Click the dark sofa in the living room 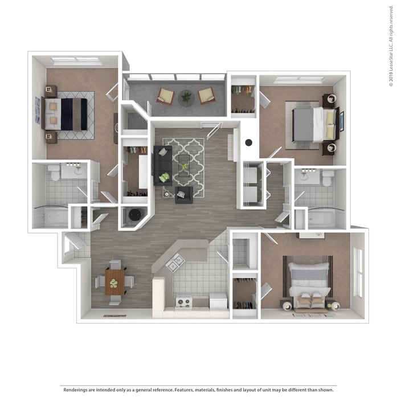coord(162,165)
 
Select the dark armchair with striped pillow coord(184,195)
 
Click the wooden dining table coord(114,282)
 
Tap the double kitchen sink coord(175,263)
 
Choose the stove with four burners coord(183,302)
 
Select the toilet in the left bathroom coord(54,171)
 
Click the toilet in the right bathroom coord(328,178)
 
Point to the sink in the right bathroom coord(305,176)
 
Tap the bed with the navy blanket coord(67,114)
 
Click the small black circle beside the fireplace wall coord(248,143)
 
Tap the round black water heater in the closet coord(135,215)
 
